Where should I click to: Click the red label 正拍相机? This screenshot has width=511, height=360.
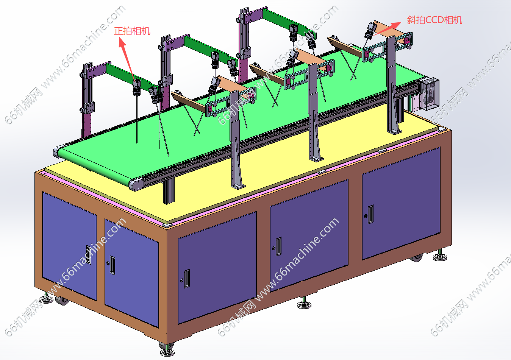coord(132,31)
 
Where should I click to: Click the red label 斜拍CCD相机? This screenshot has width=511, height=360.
coord(434,20)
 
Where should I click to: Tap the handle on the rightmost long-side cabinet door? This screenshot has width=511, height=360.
coord(370,214)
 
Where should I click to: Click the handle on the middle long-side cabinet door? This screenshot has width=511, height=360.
coord(278,246)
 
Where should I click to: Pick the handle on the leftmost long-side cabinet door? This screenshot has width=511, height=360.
coord(186,279)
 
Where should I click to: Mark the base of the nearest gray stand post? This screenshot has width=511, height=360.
coord(238,186)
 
